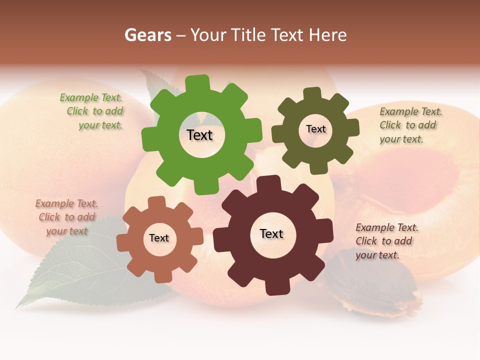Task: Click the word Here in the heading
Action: [327, 35]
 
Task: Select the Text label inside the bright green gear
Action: [199, 135]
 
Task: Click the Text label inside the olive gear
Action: [315, 129]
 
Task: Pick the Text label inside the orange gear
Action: [159, 238]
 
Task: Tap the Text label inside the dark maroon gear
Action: [271, 233]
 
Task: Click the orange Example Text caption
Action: [66, 217]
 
